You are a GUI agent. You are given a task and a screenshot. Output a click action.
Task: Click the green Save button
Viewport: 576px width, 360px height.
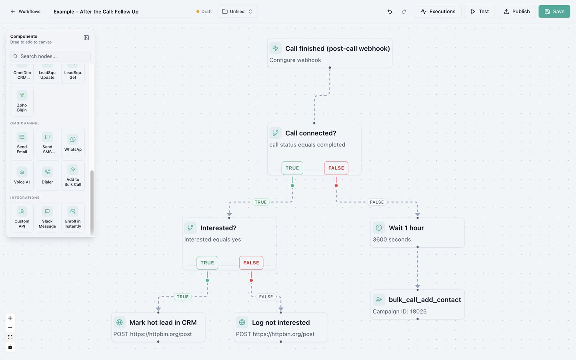(x=554, y=12)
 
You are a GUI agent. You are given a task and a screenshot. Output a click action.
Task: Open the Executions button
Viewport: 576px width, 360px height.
(x=438, y=12)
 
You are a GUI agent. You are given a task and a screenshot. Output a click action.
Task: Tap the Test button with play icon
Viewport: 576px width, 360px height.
(x=479, y=12)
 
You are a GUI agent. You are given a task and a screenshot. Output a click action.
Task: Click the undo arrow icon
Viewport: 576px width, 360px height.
(x=390, y=12)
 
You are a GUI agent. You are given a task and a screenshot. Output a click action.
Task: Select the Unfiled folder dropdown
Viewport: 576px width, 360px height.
(x=237, y=12)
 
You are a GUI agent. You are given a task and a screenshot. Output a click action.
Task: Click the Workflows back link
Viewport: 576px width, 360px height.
(x=26, y=12)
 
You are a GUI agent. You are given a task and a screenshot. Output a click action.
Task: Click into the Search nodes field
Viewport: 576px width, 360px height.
(x=50, y=56)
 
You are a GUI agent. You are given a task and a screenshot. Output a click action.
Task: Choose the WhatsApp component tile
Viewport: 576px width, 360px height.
(x=73, y=143)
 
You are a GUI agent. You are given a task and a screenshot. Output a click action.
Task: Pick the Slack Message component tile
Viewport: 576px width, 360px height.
(x=47, y=217)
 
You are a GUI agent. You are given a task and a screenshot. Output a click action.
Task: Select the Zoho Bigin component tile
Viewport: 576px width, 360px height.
(x=22, y=101)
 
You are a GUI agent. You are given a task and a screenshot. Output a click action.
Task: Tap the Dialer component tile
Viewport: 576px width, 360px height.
(x=47, y=176)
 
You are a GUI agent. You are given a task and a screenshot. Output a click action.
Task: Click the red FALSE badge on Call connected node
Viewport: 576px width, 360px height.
(x=336, y=168)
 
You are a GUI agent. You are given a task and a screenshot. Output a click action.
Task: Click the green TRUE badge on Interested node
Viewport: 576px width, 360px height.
(x=207, y=263)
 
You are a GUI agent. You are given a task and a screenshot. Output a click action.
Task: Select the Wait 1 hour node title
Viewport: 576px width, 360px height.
(x=406, y=228)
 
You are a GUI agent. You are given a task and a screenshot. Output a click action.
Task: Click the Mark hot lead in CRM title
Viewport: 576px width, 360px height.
(x=163, y=322)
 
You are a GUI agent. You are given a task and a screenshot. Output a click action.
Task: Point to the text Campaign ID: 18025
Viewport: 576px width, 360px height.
(x=400, y=311)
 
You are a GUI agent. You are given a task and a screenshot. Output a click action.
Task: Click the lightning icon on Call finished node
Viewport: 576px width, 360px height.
(x=275, y=48)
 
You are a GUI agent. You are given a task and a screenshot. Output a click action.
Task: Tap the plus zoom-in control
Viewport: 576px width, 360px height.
(x=10, y=318)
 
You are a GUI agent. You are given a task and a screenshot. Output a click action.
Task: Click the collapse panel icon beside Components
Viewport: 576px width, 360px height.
(x=86, y=38)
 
